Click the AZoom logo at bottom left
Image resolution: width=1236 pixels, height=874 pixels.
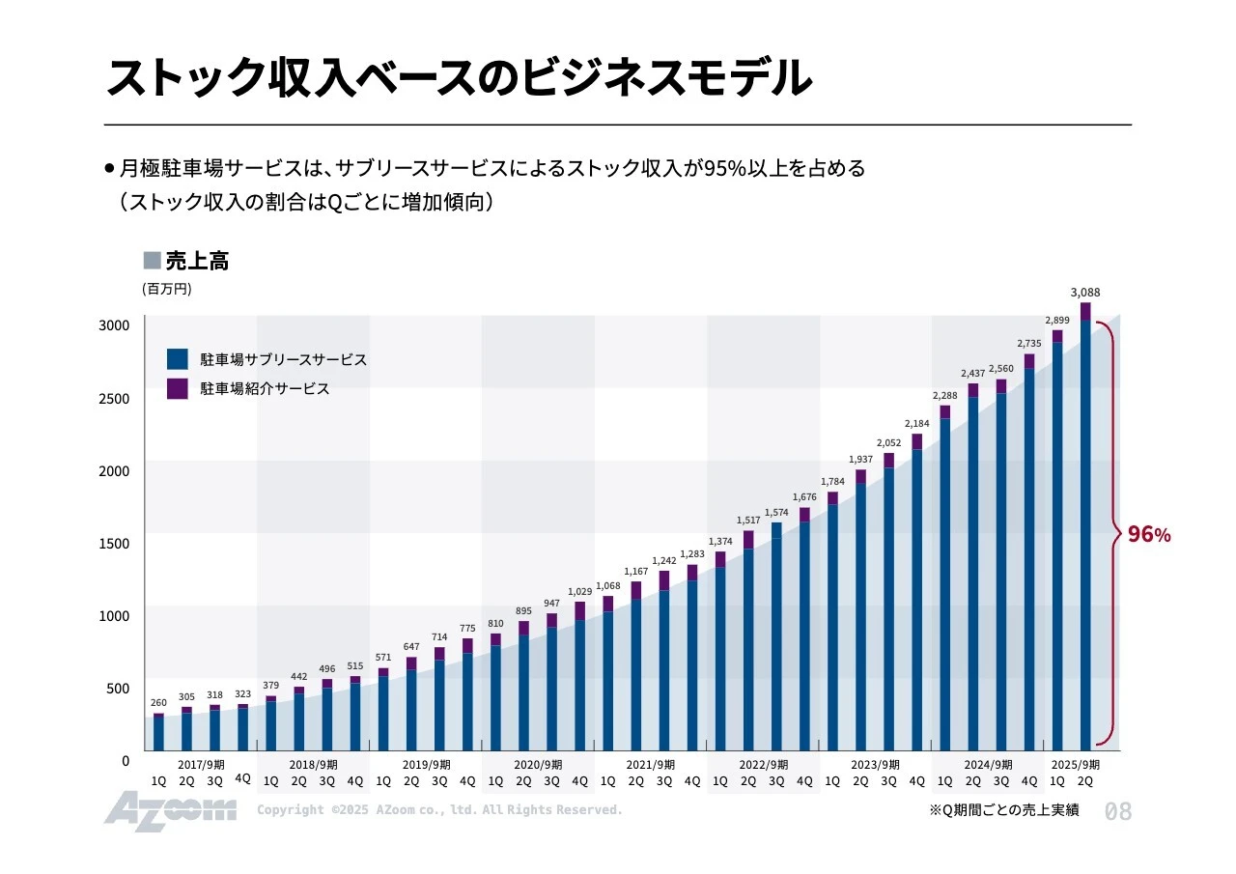coord(170,809)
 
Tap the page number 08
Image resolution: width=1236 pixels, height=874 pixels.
coord(1117,811)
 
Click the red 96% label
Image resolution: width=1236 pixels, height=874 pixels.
coord(1149,534)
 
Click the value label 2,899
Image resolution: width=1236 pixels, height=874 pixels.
coord(1056,320)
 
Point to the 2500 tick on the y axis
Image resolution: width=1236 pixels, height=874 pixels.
coord(114,398)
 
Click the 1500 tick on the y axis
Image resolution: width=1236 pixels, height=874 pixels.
coord(114,543)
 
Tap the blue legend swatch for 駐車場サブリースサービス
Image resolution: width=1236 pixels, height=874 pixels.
coord(178,359)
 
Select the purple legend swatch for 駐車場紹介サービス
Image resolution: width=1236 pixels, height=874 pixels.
coord(178,388)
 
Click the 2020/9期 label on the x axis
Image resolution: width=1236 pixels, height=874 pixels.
coord(537,764)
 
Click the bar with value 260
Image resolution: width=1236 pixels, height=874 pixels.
coord(158,732)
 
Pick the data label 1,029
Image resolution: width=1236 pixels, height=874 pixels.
coord(579,591)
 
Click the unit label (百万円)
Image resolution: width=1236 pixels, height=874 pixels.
coord(167,289)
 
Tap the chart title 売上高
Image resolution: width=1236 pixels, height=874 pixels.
coord(197,261)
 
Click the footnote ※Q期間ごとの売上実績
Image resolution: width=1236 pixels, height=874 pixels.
coord(1003,810)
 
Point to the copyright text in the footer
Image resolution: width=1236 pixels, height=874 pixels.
coord(439,809)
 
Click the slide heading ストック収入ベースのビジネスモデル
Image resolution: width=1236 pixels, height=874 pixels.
coord(459,78)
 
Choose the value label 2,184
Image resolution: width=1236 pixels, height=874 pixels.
coord(916,423)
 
